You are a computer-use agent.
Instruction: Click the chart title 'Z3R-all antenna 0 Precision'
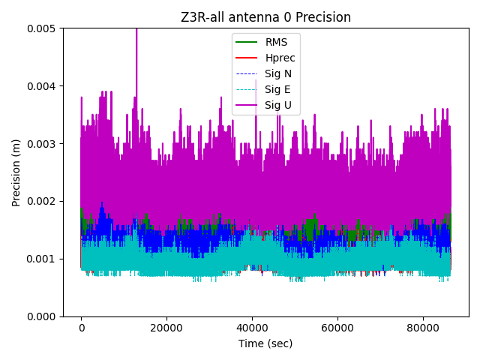(x=265, y=17)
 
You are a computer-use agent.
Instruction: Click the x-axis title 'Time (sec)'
(x=265, y=343)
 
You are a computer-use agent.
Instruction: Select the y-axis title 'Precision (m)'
(x=16, y=172)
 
